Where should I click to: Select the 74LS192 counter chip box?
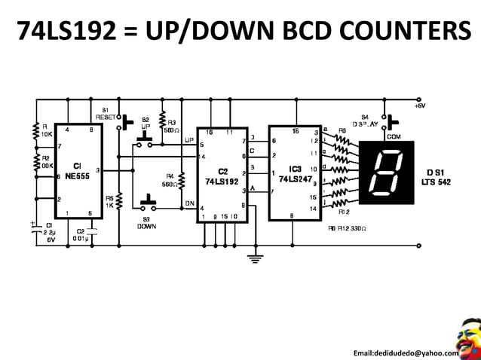point(222,175)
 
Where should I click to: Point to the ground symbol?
point(257,258)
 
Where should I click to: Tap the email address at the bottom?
point(406,353)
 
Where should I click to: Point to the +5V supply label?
point(420,107)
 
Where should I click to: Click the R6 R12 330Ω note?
point(349,228)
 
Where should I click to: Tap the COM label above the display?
point(394,136)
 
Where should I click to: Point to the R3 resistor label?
point(171,125)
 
